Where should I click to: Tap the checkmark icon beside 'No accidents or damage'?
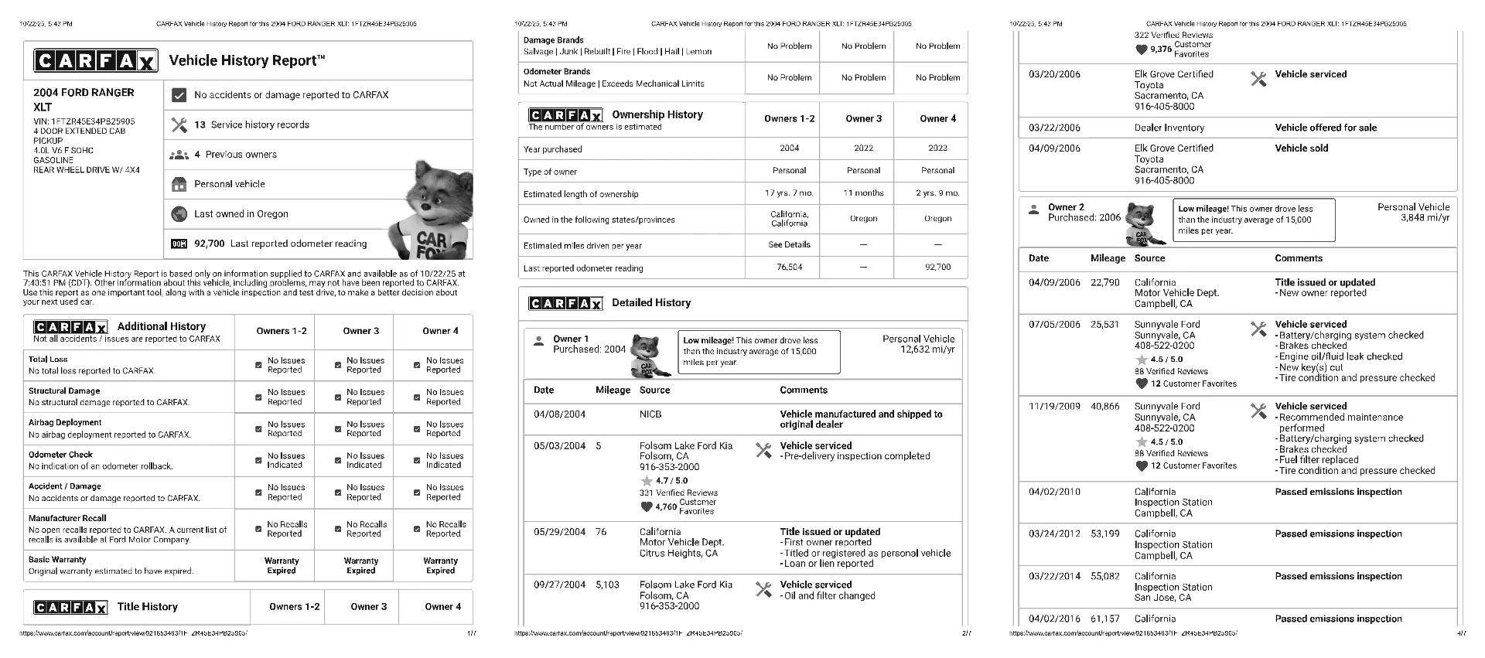point(179,95)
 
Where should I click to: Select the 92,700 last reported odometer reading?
point(209,244)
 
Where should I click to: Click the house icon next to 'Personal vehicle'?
point(179,184)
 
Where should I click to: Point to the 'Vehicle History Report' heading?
point(247,60)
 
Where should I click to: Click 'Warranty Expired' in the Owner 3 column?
point(360,566)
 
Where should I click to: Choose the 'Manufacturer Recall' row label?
point(67,518)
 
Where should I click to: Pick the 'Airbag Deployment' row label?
point(65,422)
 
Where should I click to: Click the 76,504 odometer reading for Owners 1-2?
point(789,267)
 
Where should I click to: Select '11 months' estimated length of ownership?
point(863,193)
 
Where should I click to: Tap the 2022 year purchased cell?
point(863,148)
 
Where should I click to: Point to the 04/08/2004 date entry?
point(559,414)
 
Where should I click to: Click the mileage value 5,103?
point(607,585)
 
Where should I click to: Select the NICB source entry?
point(650,414)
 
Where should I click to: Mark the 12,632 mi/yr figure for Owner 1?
point(927,349)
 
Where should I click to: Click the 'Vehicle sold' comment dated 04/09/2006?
point(1301,148)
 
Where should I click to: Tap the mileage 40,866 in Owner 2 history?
point(1104,406)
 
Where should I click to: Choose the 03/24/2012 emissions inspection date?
point(1054,534)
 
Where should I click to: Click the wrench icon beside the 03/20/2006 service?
point(1258,79)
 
